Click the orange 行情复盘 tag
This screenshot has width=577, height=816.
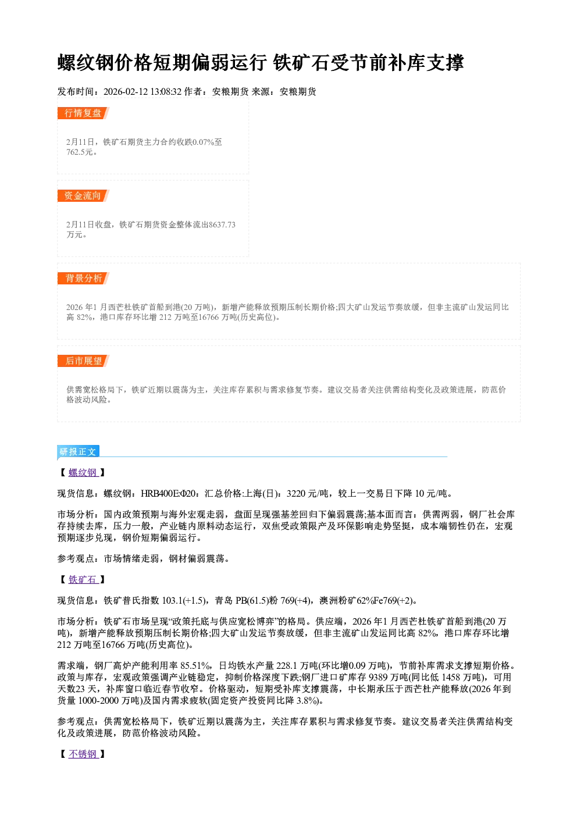point(83,113)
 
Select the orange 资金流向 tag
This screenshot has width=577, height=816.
point(83,195)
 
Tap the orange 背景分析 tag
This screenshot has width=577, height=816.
point(83,279)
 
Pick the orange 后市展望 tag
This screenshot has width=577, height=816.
point(83,361)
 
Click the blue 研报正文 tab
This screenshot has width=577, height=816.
point(78,452)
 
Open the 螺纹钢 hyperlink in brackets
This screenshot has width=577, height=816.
point(83,473)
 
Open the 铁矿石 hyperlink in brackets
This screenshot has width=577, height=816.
point(83,580)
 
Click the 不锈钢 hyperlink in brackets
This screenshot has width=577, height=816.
point(83,754)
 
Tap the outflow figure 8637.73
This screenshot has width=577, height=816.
point(222,225)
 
